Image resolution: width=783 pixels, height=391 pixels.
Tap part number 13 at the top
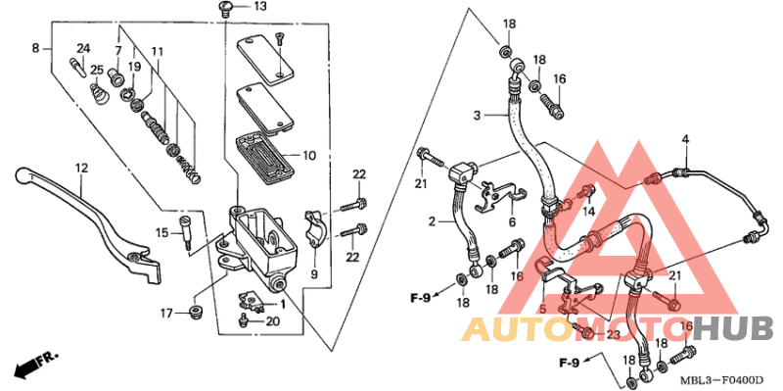tap(259, 7)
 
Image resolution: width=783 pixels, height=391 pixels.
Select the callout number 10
tap(309, 156)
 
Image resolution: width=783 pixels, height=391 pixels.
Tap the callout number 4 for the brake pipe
tap(686, 139)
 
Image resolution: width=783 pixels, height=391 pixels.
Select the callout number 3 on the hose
tap(477, 116)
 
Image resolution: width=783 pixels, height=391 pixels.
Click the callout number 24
tap(83, 48)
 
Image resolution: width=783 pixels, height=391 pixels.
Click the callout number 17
tap(167, 314)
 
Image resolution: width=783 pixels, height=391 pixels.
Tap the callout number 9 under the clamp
tap(315, 275)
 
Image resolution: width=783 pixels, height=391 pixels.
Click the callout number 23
tap(613, 334)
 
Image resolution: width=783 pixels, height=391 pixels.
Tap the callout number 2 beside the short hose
tap(430, 222)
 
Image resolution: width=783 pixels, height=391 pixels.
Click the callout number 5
tap(541, 308)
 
